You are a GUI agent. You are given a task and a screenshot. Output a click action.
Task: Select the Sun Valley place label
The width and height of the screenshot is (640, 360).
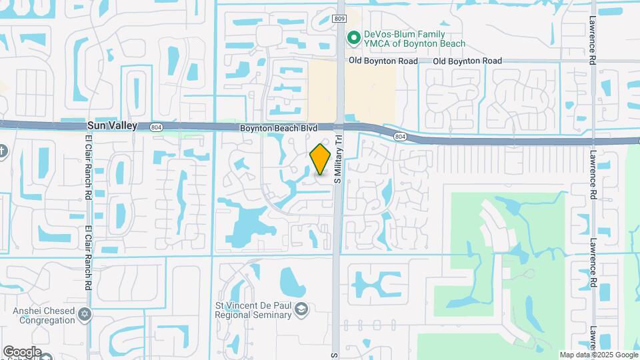pyautogui.click(x=112, y=125)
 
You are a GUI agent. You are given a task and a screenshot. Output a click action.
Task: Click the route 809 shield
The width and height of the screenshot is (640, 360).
pyautogui.click(x=339, y=19)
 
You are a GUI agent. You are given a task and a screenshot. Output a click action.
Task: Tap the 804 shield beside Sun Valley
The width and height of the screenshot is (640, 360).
pyautogui.click(x=156, y=126)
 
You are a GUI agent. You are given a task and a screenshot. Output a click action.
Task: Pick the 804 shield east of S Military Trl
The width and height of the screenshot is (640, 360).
pyautogui.click(x=400, y=136)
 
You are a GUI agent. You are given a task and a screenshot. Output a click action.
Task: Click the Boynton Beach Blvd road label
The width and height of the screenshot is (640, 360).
pyautogui.click(x=278, y=127)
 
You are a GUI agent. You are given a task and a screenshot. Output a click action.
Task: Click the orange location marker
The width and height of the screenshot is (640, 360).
pyautogui.click(x=321, y=159)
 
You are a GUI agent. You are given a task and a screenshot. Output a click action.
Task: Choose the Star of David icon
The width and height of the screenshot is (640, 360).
pyautogui.click(x=84, y=314)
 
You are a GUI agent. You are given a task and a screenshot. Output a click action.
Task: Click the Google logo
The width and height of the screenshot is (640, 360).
pyautogui.click(x=22, y=351)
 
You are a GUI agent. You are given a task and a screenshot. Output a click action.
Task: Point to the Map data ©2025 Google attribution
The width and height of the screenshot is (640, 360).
pyautogui.click(x=598, y=355)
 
